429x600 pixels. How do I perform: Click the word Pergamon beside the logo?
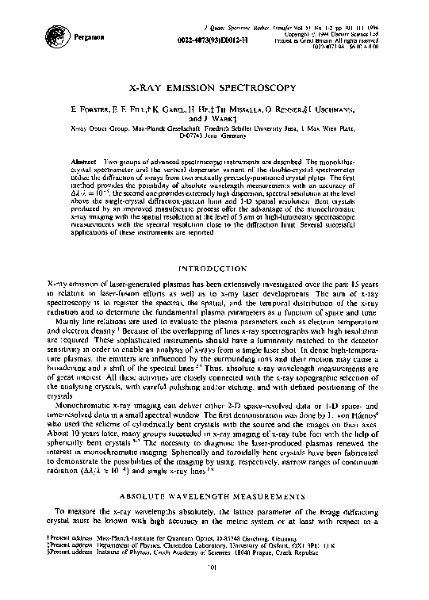(88, 36)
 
